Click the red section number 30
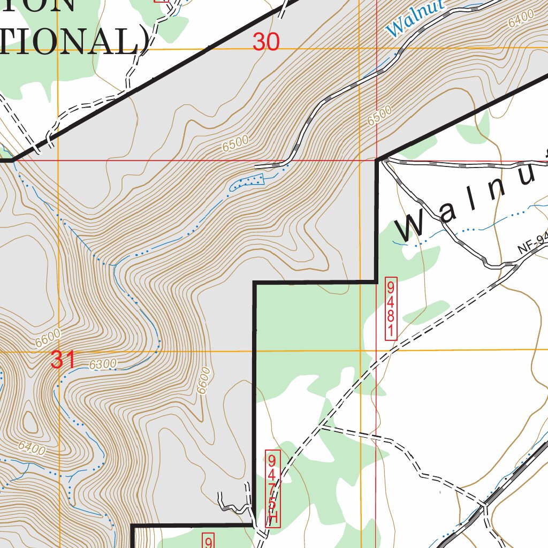coord(266,42)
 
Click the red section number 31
coord(63,360)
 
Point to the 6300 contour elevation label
coord(103,364)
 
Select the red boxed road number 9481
coord(391,308)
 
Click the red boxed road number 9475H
coord(273,489)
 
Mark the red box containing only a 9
coord(208,541)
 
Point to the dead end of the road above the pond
coord(256,166)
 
